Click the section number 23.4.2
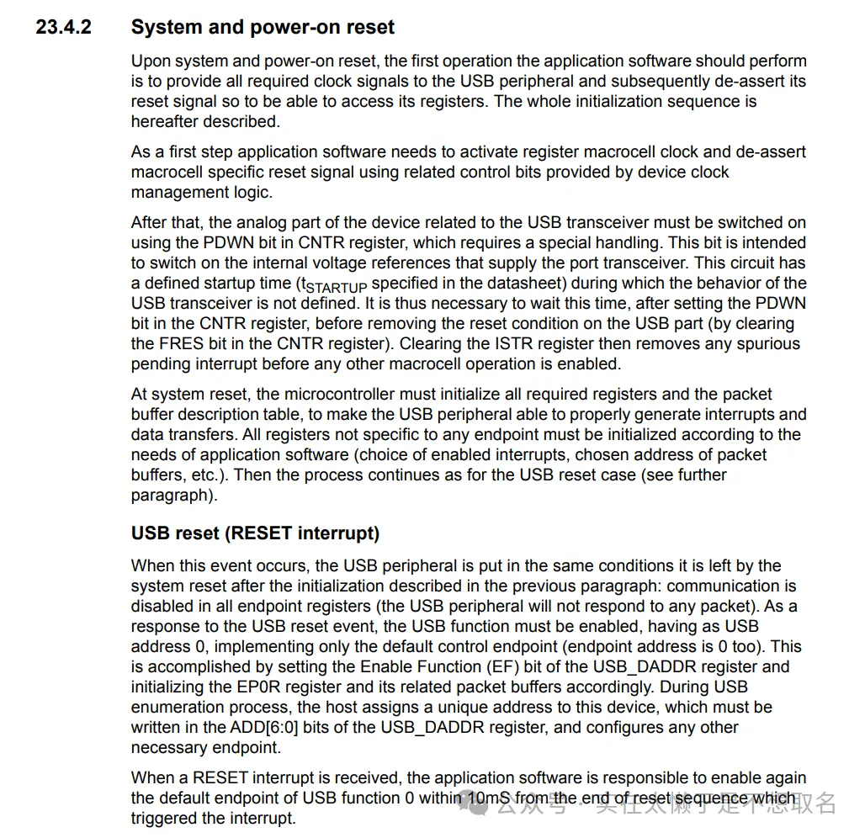64,27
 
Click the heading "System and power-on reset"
263,27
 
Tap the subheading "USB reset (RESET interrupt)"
255,533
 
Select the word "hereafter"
166,121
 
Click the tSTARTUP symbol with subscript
333,284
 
